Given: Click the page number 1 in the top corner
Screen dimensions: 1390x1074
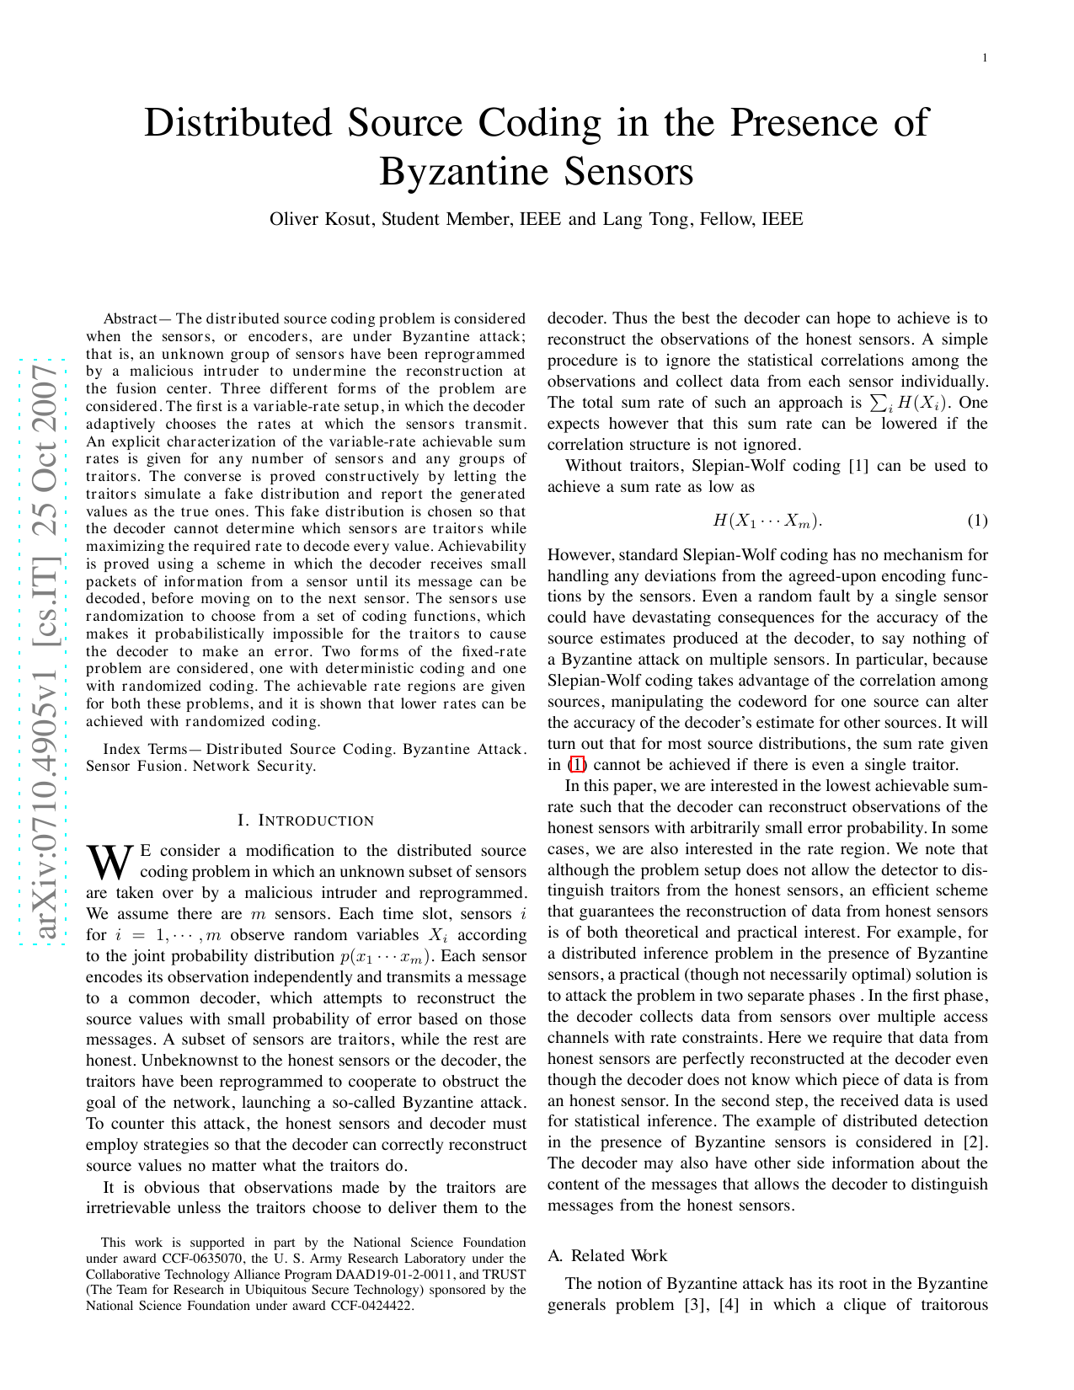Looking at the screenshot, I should pos(984,57).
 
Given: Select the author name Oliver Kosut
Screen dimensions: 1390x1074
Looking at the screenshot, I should pos(321,220).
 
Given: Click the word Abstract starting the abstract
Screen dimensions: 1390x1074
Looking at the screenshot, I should pos(130,318).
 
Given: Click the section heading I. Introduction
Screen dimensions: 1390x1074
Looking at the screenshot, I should pos(306,821).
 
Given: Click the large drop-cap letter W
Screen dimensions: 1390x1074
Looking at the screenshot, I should pos(110,861).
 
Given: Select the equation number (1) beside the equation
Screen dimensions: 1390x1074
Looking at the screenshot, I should pos(977,521).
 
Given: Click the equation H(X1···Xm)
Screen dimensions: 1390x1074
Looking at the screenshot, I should pos(767,521).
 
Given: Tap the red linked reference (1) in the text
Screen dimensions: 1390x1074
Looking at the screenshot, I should pos(577,765).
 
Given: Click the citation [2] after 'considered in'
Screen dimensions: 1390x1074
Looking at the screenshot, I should pos(975,1142).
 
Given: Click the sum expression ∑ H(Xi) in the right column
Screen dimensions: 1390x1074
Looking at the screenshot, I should pos(909,404).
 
